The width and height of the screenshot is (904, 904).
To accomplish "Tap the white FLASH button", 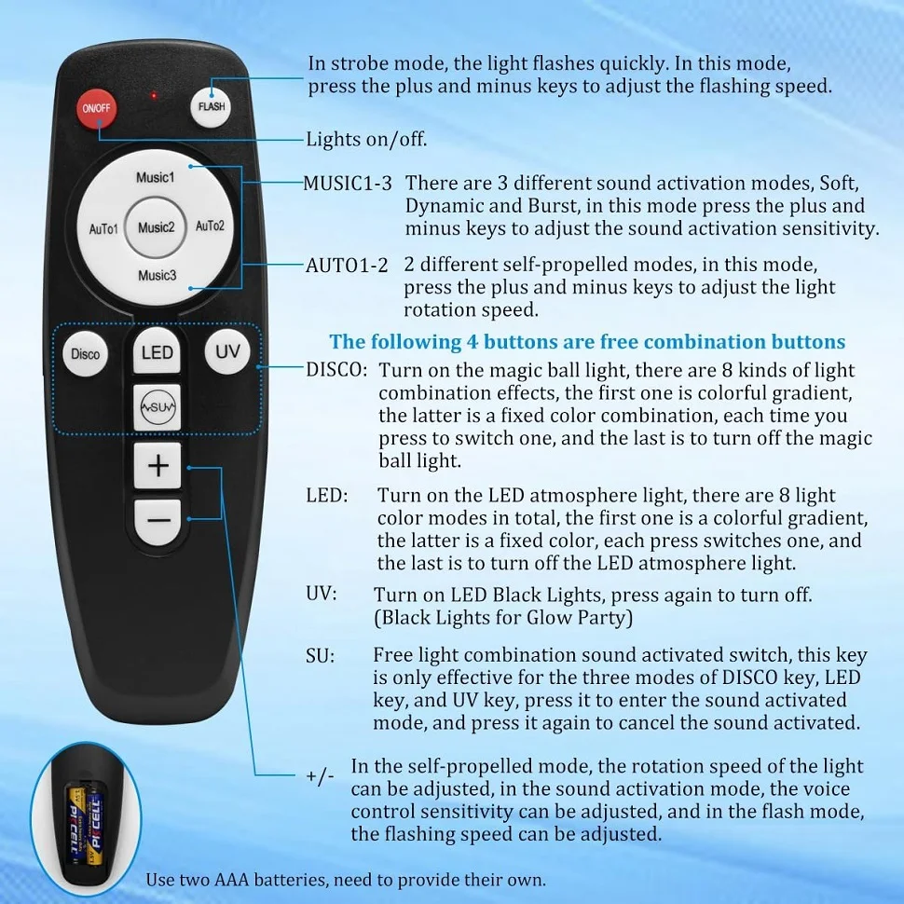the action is pyautogui.click(x=211, y=106).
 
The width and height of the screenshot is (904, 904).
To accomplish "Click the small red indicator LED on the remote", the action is pyautogui.click(x=154, y=95).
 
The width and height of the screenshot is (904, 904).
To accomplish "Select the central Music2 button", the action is pyautogui.click(x=156, y=227).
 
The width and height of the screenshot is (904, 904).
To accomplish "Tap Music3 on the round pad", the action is pyautogui.click(x=157, y=276).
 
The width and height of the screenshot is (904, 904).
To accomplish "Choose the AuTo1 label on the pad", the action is pyautogui.click(x=103, y=229).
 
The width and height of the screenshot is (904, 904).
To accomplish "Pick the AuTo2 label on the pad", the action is pyautogui.click(x=210, y=226).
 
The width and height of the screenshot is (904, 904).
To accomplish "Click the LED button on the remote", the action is pyautogui.click(x=157, y=352).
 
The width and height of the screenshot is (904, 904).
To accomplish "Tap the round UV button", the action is pyautogui.click(x=227, y=351).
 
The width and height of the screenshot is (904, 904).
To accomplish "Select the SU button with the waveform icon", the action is pyautogui.click(x=157, y=407).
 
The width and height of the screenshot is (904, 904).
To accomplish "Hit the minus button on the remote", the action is pyautogui.click(x=158, y=521).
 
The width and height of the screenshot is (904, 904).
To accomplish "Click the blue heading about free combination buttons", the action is pyautogui.click(x=587, y=342).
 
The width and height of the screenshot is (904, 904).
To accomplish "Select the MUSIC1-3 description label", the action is pyautogui.click(x=348, y=184).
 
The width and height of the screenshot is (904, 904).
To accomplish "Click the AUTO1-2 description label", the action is pyautogui.click(x=347, y=266).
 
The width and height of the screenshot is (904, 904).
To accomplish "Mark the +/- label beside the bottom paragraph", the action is pyautogui.click(x=320, y=776).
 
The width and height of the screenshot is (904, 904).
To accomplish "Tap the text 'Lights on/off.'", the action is pyautogui.click(x=366, y=140).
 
